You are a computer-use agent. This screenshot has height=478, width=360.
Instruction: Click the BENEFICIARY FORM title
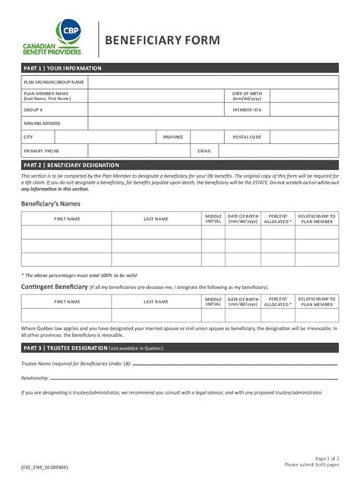point(163,39)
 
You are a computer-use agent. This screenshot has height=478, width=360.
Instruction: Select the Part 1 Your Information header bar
point(180,68)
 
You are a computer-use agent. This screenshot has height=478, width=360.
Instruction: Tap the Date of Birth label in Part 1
point(247,96)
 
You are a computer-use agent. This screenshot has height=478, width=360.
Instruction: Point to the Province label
point(173,137)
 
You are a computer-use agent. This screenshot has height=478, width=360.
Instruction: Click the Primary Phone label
point(42,150)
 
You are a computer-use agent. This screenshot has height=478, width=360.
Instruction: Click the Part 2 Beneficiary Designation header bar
point(180,165)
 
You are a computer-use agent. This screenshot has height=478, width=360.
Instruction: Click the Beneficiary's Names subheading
point(50,203)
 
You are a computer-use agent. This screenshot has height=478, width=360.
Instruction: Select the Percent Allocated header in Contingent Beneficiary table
point(277,301)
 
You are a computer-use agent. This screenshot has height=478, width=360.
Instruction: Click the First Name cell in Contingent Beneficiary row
point(66,315)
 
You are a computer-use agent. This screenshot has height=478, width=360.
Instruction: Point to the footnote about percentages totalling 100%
point(79,275)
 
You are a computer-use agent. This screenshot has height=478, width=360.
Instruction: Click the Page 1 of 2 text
point(326,458)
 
